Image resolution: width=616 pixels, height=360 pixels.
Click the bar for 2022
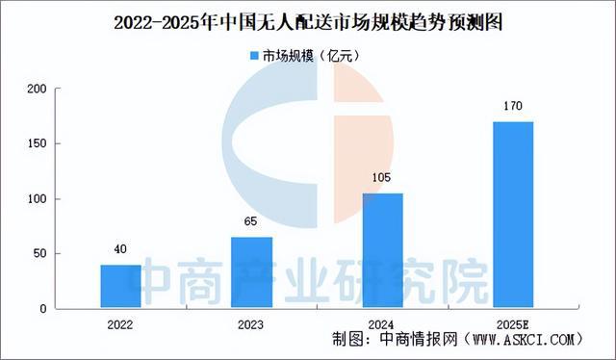pos(120,287)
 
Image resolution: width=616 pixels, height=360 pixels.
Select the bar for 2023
pos(251,273)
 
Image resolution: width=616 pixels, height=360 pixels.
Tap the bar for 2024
pos(382,251)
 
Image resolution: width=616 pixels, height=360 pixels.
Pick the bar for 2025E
pos(512,216)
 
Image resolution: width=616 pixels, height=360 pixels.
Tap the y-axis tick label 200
pos(37,90)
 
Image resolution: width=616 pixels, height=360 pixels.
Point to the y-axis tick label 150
pos(37,144)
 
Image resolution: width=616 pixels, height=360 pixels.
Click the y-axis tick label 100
pos(37,199)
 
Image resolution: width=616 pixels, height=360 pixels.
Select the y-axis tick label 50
pos(39,254)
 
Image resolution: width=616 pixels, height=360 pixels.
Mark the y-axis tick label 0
pos(43,309)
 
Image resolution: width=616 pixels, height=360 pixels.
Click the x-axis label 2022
pos(120,324)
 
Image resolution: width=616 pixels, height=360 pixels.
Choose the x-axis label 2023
pos(251,324)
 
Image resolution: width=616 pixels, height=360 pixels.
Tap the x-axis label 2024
pos(382,324)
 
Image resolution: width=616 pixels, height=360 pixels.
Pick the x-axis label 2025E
pos(512,324)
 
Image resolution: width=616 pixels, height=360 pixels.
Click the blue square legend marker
pos(254,57)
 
